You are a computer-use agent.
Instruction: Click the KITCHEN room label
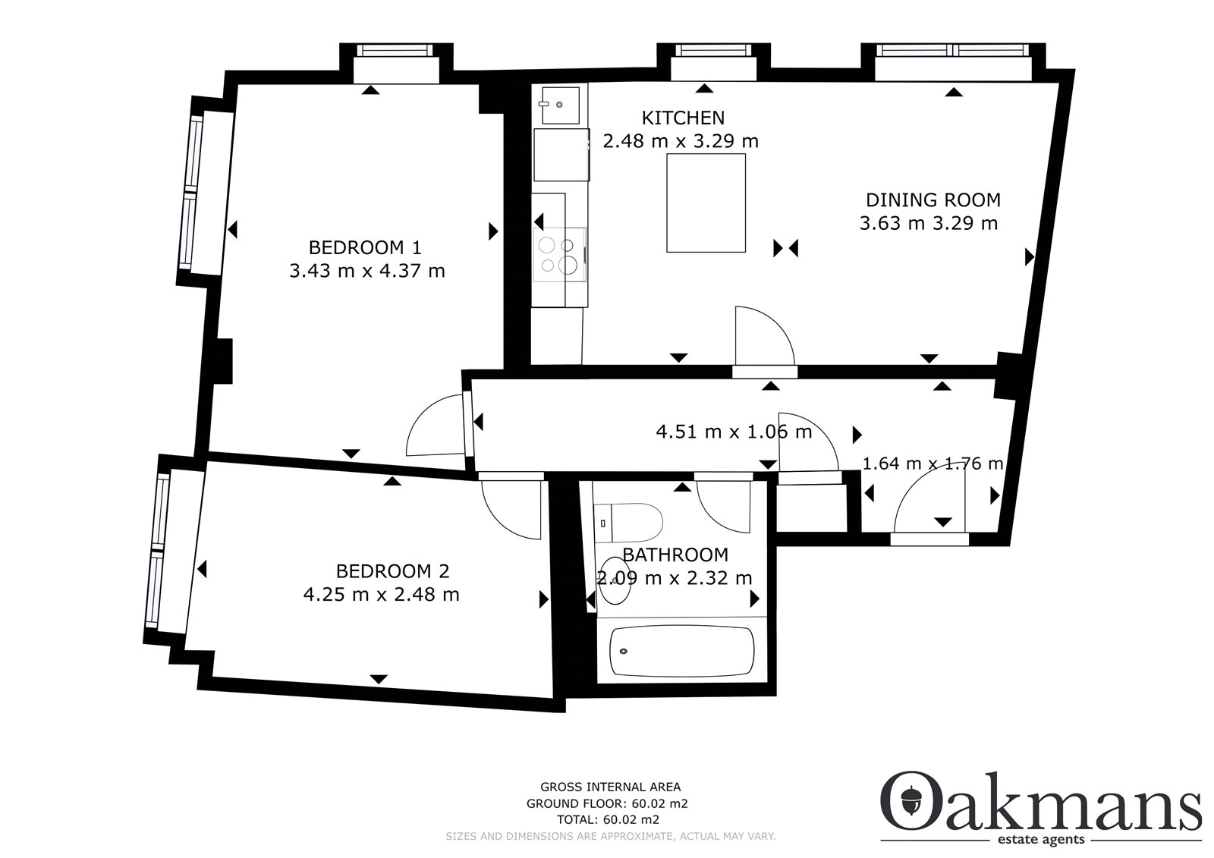click(683, 118)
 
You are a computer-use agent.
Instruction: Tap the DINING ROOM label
click(933, 200)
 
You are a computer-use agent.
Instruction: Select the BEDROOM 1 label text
click(365, 248)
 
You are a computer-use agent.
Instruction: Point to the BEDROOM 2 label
click(392, 571)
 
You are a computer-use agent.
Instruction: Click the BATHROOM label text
click(675, 555)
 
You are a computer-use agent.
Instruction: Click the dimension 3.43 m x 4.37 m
click(367, 271)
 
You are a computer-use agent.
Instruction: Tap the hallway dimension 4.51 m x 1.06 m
click(734, 432)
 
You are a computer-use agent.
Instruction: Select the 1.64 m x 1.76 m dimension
click(933, 464)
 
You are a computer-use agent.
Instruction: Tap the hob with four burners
click(560, 255)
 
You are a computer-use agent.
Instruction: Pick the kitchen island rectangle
click(706, 203)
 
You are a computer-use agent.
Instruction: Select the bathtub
click(682, 652)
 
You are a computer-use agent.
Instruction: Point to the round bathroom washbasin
click(615, 580)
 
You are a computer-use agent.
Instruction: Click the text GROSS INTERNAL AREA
click(610, 787)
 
